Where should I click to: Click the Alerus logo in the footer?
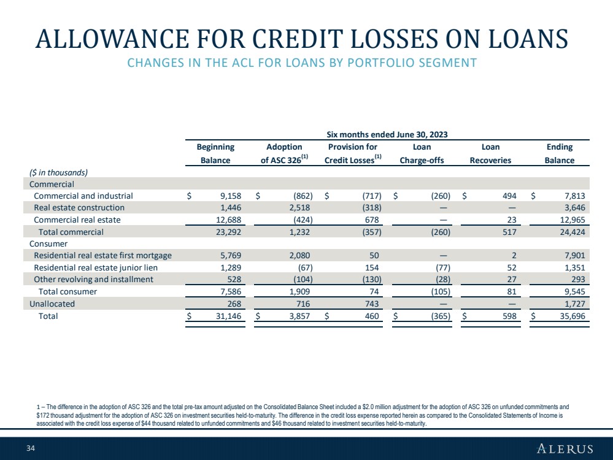(x=565, y=448)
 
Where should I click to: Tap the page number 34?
(x=31, y=448)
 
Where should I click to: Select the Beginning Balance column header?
(x=215, y=153)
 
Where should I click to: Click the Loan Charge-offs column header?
(x=422, y=153)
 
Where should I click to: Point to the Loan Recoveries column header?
(x=490, y=153)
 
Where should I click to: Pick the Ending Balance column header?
(x=560, y=153)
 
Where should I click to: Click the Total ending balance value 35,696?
(x=573, y=316)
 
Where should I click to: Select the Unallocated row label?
(x=52, y=304)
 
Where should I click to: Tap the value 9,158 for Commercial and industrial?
(x=231, y=196)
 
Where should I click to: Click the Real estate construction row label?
(x=79, y=207)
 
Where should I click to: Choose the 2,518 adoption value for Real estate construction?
(x=299, y=207)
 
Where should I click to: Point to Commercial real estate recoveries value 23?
(x=512, y=220)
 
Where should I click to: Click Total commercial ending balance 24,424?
(x=573, y=232)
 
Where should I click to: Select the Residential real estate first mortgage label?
(x=103, y=256)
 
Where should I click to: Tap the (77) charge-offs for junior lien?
(x=443, y=267)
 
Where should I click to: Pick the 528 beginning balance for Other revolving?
(x=234, y=280)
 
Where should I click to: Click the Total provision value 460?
(x=372, y=316)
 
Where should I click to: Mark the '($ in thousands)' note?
(x=59, y=173)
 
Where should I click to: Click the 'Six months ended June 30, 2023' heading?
(x=387, y=135)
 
